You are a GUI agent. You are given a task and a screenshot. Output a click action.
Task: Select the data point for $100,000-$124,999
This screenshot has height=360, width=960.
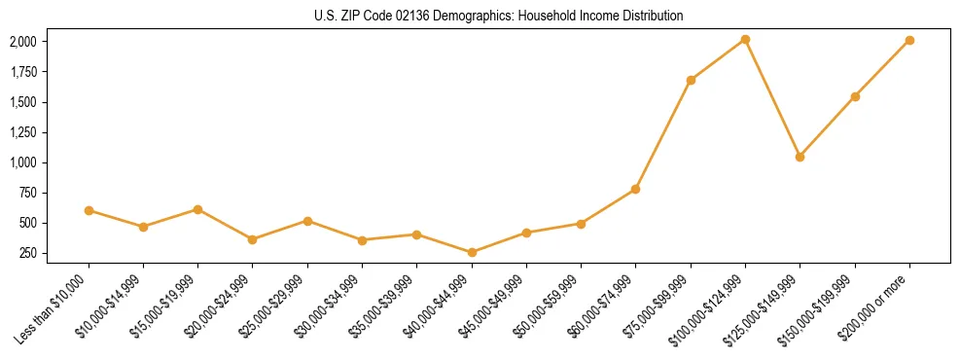pyautogui.click(x=745, y=39)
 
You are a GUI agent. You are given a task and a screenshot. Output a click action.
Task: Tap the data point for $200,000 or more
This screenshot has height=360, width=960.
pyautogui.click(x=909, y=40)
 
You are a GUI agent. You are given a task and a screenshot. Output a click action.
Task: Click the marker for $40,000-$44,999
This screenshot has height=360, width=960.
pyautogui.click(x=472, y=252)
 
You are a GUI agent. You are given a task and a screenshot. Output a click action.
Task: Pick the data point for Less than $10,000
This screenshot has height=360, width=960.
pyautogui.click(x=89, y=210)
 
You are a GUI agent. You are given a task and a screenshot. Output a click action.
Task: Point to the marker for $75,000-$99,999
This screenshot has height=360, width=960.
pyautogui.click(x=691, y=80)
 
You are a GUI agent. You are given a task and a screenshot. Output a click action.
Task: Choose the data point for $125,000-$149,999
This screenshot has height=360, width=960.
pyautogui.click(x=800, y=157)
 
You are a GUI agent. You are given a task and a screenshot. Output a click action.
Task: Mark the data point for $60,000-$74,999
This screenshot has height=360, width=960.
pyautogui.click(x=635, y=189)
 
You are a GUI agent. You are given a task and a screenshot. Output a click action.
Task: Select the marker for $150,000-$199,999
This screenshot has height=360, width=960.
pyautogui.click(x=855, y=96)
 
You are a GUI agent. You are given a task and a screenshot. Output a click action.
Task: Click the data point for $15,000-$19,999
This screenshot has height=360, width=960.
pyautogui.click(x=197, y=209)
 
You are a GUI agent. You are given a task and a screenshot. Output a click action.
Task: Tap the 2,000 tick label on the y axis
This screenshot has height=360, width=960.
pyautogui.click(x=22, y=42)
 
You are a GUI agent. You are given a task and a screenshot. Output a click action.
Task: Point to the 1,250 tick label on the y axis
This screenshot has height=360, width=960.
pyautogui.click(x=22, y=132)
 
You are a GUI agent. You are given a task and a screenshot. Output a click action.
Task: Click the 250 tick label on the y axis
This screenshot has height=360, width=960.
pyautogui.click(x=27, y=253)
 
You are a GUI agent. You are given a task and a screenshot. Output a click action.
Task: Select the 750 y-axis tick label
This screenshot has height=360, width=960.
pyautogui.click(x=27, y=193)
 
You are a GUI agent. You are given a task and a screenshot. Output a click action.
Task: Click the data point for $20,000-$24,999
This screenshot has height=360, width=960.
pyautogui.click(x=252, y=239)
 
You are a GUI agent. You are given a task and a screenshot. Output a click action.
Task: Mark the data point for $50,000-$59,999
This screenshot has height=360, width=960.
pyautogui.click(x=581, y=224)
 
